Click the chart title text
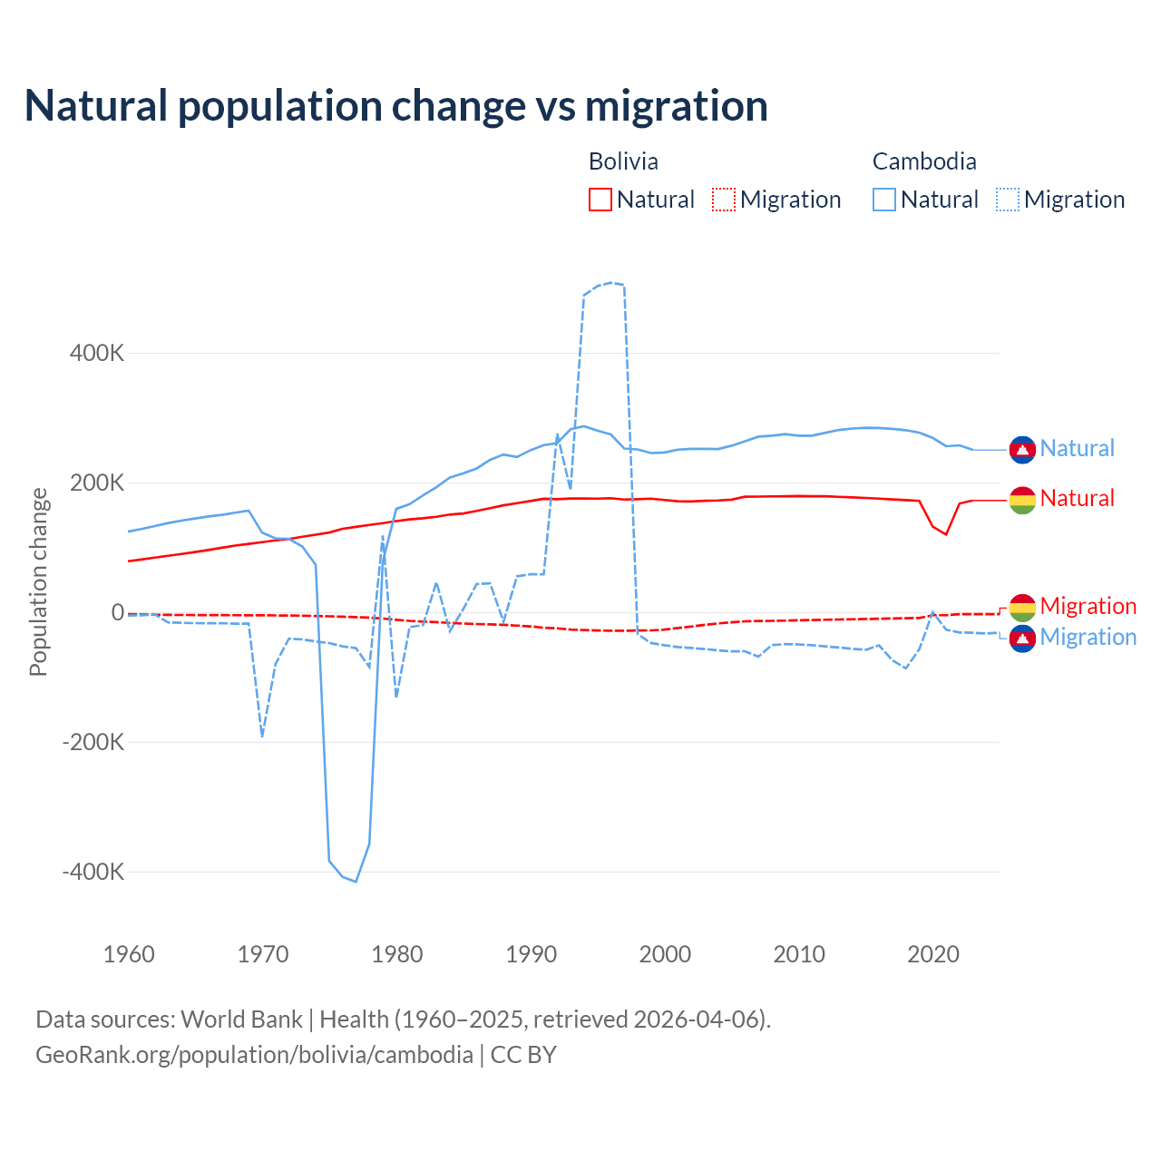(396, 105)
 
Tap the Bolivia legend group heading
(623, 161)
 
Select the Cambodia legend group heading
(924, 161)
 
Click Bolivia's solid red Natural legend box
(600, 200)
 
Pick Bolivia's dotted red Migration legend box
(724, 200)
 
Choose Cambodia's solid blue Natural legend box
(884, 200)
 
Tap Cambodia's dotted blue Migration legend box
(1008, 200)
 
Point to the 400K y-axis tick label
(97, 353)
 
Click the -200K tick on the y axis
(93, 742)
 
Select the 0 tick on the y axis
(118, 612)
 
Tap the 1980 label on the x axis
(397, 954)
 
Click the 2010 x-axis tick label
(799, 954)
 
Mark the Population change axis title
(38, 581)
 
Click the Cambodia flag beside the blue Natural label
(1022, 449)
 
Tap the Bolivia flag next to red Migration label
(1022, 607)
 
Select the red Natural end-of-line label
(1077, 498)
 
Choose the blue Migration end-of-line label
(1088, 637)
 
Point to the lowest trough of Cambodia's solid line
(356, 881)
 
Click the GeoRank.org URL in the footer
(254, 1055)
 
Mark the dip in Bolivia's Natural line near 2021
(946, 534)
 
